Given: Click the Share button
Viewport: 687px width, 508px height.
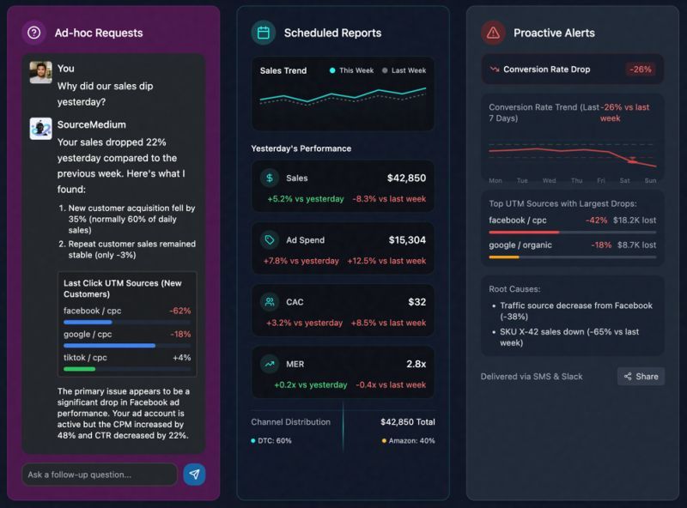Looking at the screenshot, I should (x=641, y=377).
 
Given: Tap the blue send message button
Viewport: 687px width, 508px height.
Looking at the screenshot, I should (x=194, y=475).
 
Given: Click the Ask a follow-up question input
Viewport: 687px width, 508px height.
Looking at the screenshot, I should (x=99, y=475).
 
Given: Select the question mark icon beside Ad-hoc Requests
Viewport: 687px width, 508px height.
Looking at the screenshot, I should (x=33, y=33).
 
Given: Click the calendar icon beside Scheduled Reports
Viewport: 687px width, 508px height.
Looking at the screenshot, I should (x=263, y=33).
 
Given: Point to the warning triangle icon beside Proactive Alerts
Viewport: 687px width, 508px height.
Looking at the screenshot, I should (x=493, y=33).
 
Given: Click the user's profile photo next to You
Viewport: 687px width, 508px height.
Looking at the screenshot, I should (x=40, y=72).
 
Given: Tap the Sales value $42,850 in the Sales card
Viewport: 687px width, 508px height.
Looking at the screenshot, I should (x=406, y=178).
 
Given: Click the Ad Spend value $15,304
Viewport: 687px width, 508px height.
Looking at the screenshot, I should (x=407, y=240).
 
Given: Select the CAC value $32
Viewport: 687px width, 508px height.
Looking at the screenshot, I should (x=416, y=302).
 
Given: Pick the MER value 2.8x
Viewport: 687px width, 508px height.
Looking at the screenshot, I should (x=416, y=364).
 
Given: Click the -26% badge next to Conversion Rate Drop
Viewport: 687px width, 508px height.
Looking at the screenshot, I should (x=640, y=70).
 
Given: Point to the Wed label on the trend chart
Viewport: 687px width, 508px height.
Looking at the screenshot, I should (x=549, y=181).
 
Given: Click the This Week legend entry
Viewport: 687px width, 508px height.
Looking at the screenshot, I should (x=352, y=70).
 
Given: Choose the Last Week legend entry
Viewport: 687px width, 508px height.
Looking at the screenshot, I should (x=404, y=70).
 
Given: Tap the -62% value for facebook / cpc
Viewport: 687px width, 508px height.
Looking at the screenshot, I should (x=180, y=311).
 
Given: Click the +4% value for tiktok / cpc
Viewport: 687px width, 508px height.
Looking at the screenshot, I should (x=181, y=357).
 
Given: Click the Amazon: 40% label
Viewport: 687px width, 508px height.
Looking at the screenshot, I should (x=409, y=441).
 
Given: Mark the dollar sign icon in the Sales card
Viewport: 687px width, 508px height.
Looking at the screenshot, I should (x=270, y=178).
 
